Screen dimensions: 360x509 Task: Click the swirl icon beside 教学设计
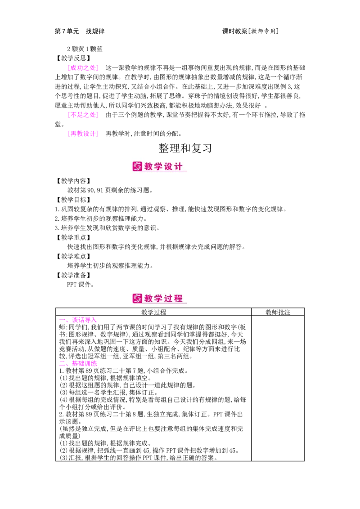point(137,166)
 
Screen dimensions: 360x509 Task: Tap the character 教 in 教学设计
point(149,166)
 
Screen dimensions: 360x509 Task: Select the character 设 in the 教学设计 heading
point(169,166)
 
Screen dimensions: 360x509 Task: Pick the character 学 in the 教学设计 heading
point(159,166)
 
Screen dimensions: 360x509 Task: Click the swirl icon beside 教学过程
point(137,298)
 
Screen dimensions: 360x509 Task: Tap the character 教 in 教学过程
point(149,298)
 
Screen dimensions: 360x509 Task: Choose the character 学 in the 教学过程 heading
point(159,298)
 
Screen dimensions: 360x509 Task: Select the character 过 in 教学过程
point(169,298)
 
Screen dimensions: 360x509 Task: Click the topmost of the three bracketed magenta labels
point(83,68)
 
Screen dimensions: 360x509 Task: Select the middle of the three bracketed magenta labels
point(83,115)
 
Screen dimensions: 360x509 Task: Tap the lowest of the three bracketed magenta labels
point(83,134)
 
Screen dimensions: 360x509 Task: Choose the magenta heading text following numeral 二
point(84,363)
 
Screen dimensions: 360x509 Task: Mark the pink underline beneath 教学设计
point(165,171)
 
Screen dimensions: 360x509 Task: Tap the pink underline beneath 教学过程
point(165,304)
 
